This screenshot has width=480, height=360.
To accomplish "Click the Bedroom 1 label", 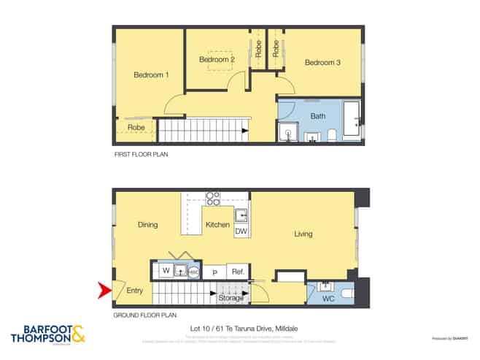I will point(151,74).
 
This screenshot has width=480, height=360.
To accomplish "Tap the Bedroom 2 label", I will point(217,59).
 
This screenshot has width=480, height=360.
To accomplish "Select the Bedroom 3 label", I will point(322,63).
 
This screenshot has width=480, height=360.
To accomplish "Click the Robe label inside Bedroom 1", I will point(136,128).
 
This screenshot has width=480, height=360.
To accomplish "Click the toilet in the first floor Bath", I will point(331,134).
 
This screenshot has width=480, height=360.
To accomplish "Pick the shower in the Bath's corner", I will point(287,132).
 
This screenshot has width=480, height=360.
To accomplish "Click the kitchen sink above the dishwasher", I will point(241,215).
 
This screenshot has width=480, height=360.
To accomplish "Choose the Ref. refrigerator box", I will point(236,272).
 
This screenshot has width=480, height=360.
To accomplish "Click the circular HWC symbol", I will point(193,272).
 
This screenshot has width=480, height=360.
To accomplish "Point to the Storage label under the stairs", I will point(231,298).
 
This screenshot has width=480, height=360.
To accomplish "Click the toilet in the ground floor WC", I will point(347,292).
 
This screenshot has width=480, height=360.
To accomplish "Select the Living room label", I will point(303,234).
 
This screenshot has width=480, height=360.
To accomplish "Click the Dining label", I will point(147,225).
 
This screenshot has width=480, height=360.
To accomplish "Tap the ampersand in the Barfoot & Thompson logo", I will point(78,334).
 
